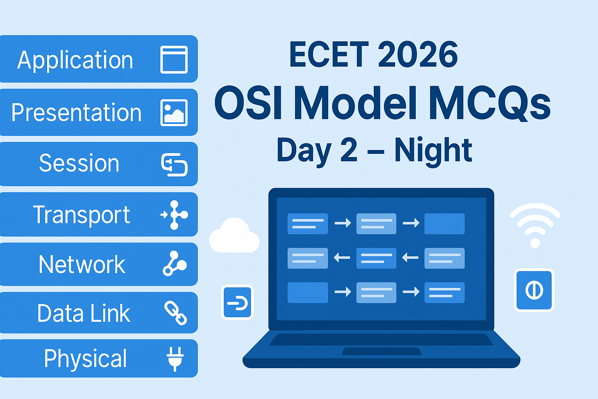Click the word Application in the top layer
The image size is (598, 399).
click(x=75, y=60)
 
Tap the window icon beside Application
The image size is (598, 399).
click(x=174, y=59)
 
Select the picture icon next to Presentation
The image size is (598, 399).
click(x=174, y=113)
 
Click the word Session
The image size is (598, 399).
click(x=79, y=163)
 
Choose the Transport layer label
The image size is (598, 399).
click(x=81, y=215)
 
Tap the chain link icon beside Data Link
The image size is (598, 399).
click(x=176, y=312)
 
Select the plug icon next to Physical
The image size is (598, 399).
click(x=175, y=358)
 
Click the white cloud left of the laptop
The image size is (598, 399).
click(x=234, y=235)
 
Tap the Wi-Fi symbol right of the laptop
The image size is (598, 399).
click(x=535, y=225)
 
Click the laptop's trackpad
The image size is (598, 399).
click(x=382, y=351)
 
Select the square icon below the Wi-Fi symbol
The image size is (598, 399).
click(x=534, y=290)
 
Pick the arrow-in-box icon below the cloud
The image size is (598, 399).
click(x=237, y=302)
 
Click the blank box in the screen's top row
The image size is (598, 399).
click(x=445, y=224)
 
